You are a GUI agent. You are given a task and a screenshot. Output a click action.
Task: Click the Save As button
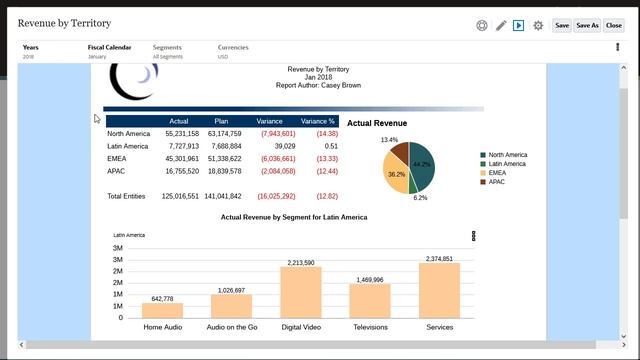pos(587,25)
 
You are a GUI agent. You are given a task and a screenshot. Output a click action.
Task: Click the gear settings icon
pos(538,25)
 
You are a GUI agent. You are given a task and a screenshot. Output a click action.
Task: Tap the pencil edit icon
pos(501,25)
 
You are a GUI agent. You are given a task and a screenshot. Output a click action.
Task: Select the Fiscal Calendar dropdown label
pos(110,47)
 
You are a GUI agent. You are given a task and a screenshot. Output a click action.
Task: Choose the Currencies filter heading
pos(233,47)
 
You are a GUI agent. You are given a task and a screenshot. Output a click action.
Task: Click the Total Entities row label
pos(128,196)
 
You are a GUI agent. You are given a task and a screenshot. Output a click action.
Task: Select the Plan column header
pos(221,121)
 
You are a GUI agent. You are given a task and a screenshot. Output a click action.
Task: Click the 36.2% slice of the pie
pos(397,174)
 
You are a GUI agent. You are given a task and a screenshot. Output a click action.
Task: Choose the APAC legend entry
pos(497,182)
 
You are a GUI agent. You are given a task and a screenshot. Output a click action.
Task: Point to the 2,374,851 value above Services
pos(439,259)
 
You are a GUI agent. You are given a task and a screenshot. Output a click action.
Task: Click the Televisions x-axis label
pos(369,327)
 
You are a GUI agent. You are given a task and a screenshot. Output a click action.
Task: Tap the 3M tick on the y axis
pos(118,248)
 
